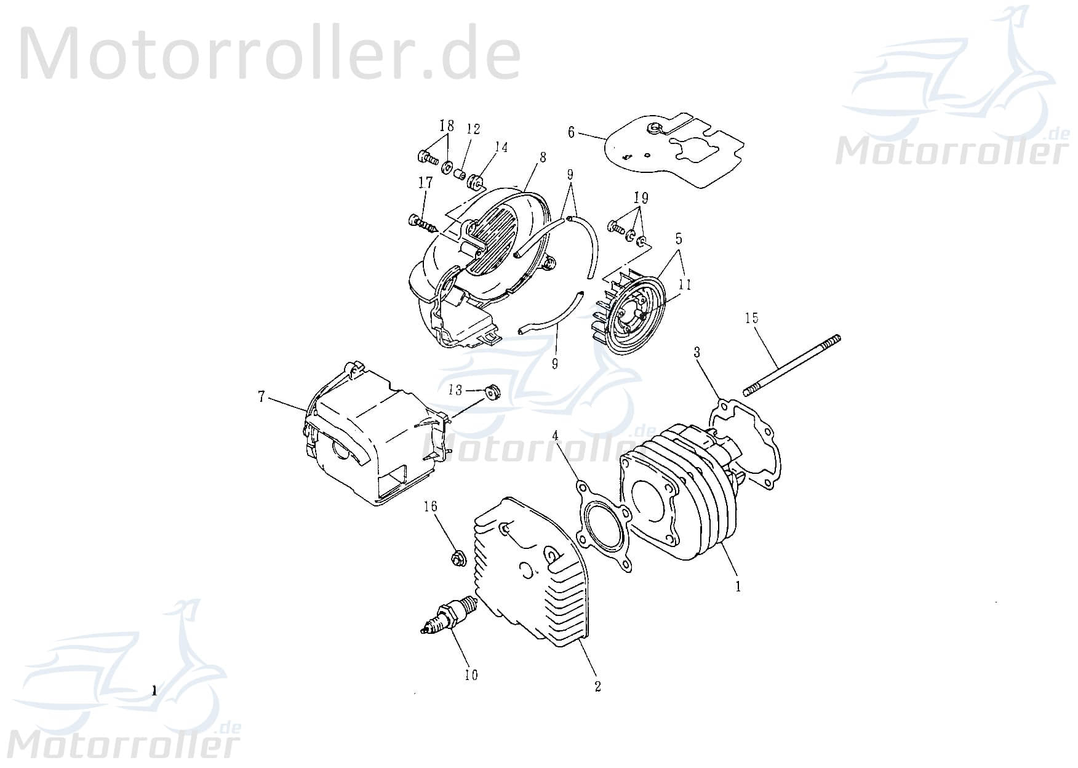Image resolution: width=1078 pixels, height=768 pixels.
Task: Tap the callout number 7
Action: click(x=262, y=398)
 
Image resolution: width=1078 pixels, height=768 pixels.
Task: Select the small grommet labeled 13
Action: click(x=492, y=390)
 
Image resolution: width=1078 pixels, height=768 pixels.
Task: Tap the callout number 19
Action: click(x=641, y=198)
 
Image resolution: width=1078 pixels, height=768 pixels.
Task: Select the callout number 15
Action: click(x=751, y=318)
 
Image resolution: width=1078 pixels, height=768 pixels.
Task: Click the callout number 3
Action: click(x=697, y=352)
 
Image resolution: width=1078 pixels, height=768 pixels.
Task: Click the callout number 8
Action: click(x=542, y=158)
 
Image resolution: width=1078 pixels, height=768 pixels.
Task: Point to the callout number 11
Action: click(x=685, y=284)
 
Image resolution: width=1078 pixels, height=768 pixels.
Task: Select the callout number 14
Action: click(x=501, y=148)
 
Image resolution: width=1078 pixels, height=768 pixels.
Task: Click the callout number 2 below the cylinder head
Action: click(x=597, y=686)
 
